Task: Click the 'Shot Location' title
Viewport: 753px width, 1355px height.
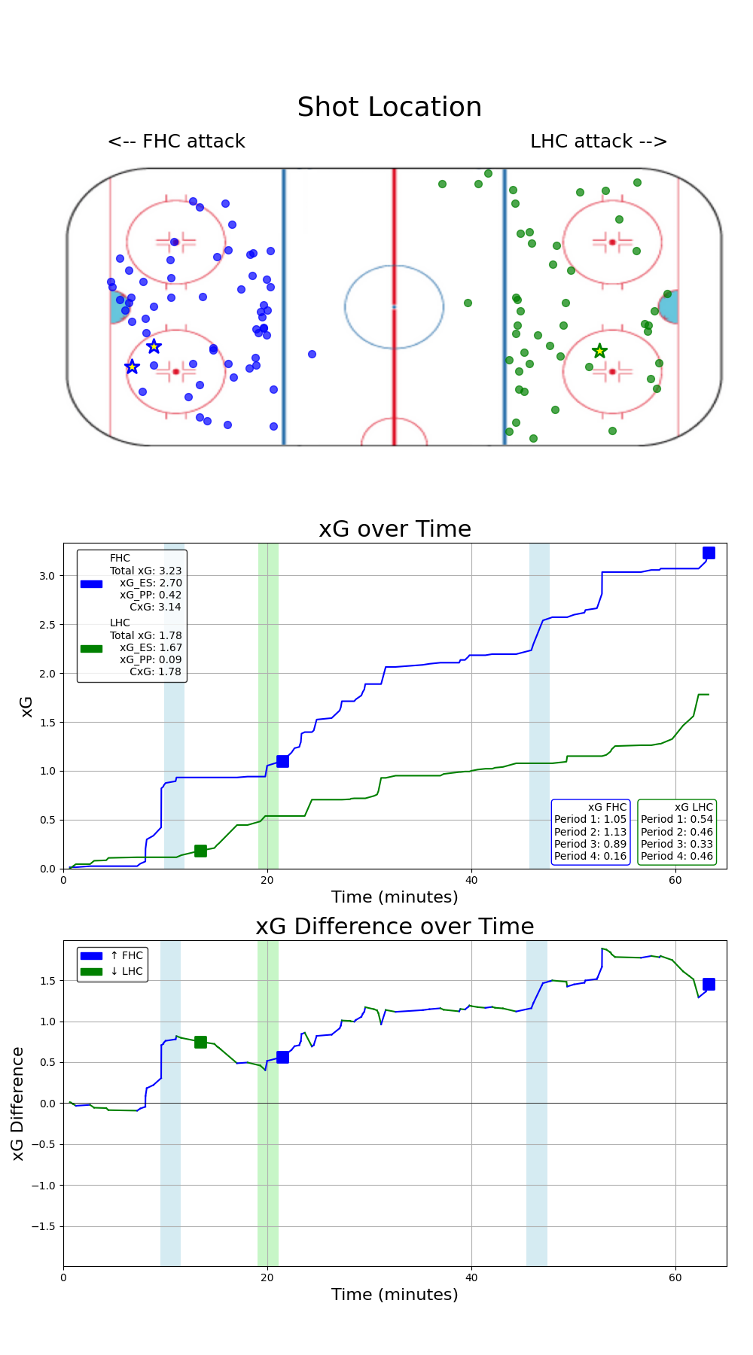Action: pyautogui.click(x=389, y=108)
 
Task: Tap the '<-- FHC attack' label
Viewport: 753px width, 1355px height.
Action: pyautogui.click(x=176, y=142)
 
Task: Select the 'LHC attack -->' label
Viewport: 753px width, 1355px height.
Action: pyautogui.click(x=599, y=142)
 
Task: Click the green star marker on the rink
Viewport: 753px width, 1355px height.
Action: pyautogui.click(x=599, y=351)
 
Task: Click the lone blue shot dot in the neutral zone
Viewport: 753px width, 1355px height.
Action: pyautogui.click(x=312, y=354)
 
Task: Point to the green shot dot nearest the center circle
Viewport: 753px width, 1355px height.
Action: pyautogui.click(x=468, y=303)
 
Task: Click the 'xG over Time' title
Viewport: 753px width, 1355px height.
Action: pyautogui.click(x=395, y=529)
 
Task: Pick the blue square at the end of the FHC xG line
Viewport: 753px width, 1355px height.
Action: pyautogui.click(x=709, y=553)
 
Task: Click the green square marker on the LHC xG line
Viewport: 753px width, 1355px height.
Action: pyautogui.click(x=200, y=851)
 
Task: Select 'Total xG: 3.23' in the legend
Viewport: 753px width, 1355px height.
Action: pyautogui.click(x=145, y=571)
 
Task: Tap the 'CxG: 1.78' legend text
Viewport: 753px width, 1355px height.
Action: pyautogui.click(x=155, y=671)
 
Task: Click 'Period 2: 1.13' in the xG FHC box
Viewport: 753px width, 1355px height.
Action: pyautogui.click(x=590, y=832)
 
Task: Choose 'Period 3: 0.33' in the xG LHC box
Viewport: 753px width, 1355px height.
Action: pyautogui.click(x=676, y=844)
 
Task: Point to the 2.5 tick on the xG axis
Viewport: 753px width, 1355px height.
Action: pyautogui.click(x=47, y=625)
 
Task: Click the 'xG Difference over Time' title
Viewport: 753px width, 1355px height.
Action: pyautogui.click(x=395, y=927)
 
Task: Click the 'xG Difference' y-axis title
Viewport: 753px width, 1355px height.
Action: pyautogui.click(x=18, y=1103)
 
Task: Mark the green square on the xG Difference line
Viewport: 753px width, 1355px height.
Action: pyautogui.click(x=200, y=1042)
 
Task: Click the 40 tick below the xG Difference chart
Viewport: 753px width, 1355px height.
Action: pyautogui.click(x=471, y=1277)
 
